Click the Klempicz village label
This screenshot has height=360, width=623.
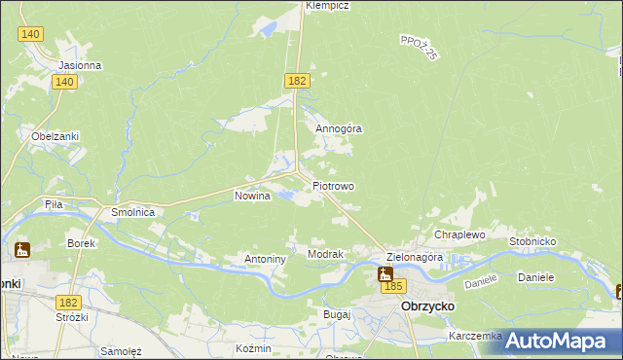coord(327,5)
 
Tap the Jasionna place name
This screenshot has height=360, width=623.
coord(80,65)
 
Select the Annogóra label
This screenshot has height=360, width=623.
coord(339,127)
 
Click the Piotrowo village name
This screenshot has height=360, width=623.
coord(333,185)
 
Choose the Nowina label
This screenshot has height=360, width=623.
coord(252,196)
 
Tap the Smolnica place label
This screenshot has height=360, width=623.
coord(133,211)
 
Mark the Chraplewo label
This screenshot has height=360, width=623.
coord(459,235)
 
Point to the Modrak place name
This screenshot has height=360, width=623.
coord(325,254)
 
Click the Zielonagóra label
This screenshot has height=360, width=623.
coord(415,258)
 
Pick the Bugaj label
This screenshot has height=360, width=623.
coord(336,315)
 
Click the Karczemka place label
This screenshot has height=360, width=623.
coord(475,336)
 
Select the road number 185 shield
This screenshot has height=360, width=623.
coord(393,286)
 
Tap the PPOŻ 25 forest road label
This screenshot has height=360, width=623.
coord(420,47)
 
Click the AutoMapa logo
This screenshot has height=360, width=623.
coord(557,341)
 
